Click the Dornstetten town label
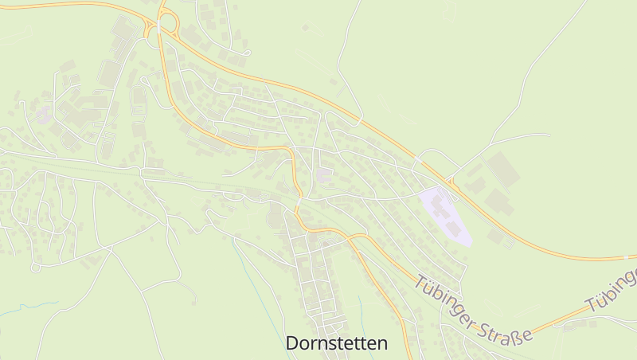coord(337,343)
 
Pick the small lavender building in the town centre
coord(324,174)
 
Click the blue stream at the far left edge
coord(16,309)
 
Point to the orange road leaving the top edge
coord(163,3)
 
